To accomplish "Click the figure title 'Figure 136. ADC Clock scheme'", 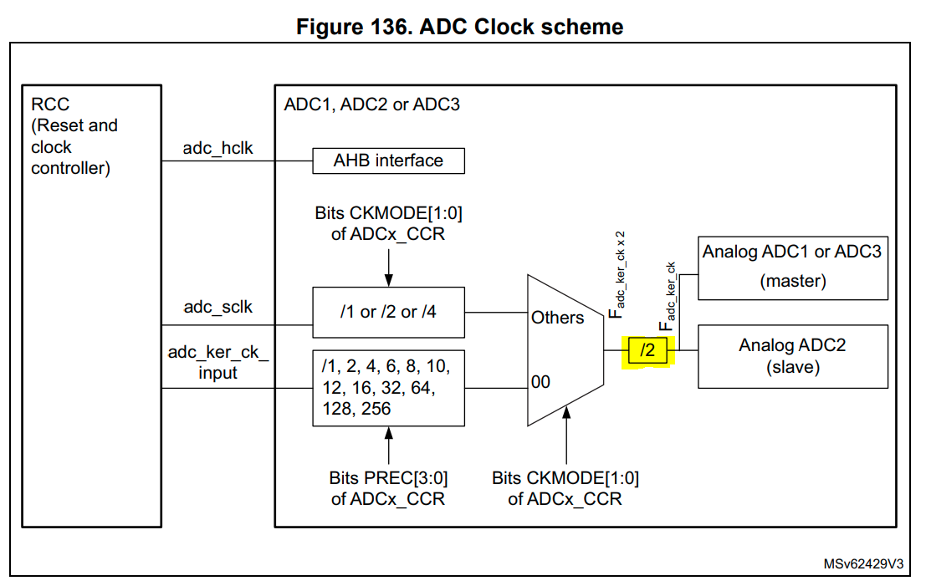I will click(461, 27).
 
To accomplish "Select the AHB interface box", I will click(388, 161).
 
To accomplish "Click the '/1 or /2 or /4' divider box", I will click(388, 312).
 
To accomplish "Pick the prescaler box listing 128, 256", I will click(388, 388).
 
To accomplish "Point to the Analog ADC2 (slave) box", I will click(792, 355).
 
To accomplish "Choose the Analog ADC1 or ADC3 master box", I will click(792, 267).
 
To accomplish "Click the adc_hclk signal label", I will click(217, 148).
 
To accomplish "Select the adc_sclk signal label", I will click(217, 307).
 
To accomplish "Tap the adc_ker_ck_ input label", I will click(217, 362).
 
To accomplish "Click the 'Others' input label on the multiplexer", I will click(557, 318).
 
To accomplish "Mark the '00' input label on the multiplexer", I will click(540, 382).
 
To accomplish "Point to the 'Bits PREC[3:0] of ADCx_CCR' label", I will click(388, 488).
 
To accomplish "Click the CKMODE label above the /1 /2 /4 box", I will click(388, 223).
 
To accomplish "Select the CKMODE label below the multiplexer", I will click(565, 488).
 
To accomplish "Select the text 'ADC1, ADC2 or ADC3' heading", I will click(371, 104).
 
